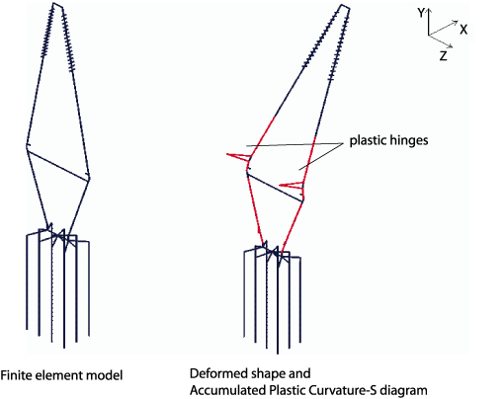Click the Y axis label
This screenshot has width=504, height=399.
421,13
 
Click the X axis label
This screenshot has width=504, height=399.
463,30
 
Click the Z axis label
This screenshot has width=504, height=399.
444,56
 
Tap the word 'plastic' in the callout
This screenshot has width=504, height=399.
368,140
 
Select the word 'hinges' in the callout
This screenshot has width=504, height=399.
409,141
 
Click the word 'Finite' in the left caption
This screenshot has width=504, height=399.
16,375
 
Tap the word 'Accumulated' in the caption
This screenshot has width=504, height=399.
228,390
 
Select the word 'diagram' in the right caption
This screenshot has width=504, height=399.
404,391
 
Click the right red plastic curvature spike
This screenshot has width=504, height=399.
292,185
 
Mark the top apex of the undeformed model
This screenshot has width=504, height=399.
53,3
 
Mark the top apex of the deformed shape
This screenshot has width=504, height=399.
343,5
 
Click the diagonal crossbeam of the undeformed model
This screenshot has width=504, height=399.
58,165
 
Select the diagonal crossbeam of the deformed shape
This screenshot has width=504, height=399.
275,188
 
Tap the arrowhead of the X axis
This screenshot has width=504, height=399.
455,22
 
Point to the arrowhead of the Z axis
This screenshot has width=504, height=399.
450,45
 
